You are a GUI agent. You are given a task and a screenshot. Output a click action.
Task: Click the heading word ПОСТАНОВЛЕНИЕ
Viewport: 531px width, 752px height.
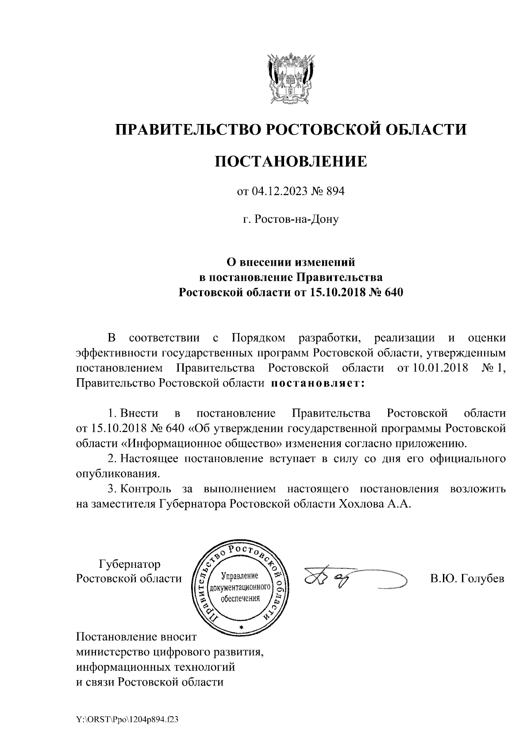[x=291, y=161]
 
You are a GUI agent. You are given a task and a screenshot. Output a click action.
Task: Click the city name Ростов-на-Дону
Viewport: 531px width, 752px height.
[x=291, y=219]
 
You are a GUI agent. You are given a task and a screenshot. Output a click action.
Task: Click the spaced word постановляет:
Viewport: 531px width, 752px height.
[x=317, y=383]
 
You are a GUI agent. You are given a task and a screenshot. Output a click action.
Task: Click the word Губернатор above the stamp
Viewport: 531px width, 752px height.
[x=130, y=564]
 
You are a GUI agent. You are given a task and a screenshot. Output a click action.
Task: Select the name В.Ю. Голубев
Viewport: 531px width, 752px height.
[x=467, y=578]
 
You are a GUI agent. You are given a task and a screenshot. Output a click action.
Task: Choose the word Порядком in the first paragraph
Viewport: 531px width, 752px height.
[x=258, y=338]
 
